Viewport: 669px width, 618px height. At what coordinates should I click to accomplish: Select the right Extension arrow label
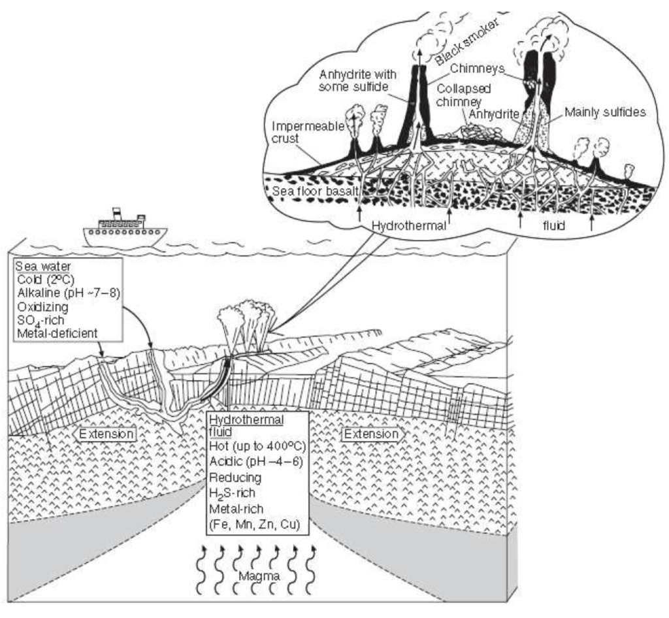point(370,434)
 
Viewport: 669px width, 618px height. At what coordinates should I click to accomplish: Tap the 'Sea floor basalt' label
point(308,189)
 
